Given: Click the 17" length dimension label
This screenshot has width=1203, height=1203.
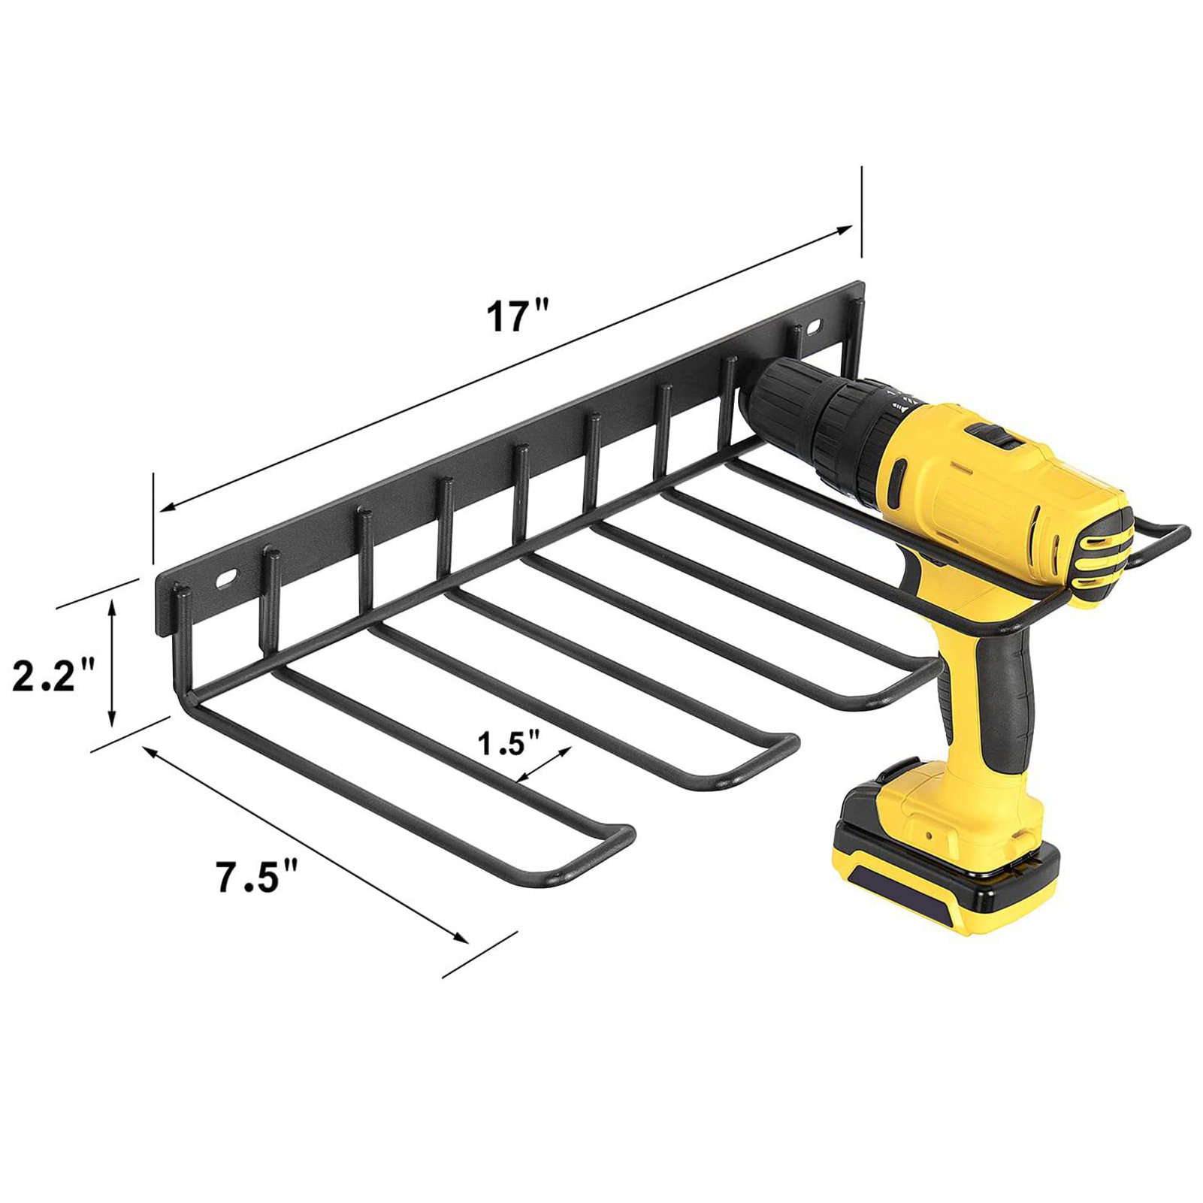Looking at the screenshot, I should (x=518, y=316).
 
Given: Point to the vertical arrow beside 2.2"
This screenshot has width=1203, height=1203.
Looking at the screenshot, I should (x=113, y=663).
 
